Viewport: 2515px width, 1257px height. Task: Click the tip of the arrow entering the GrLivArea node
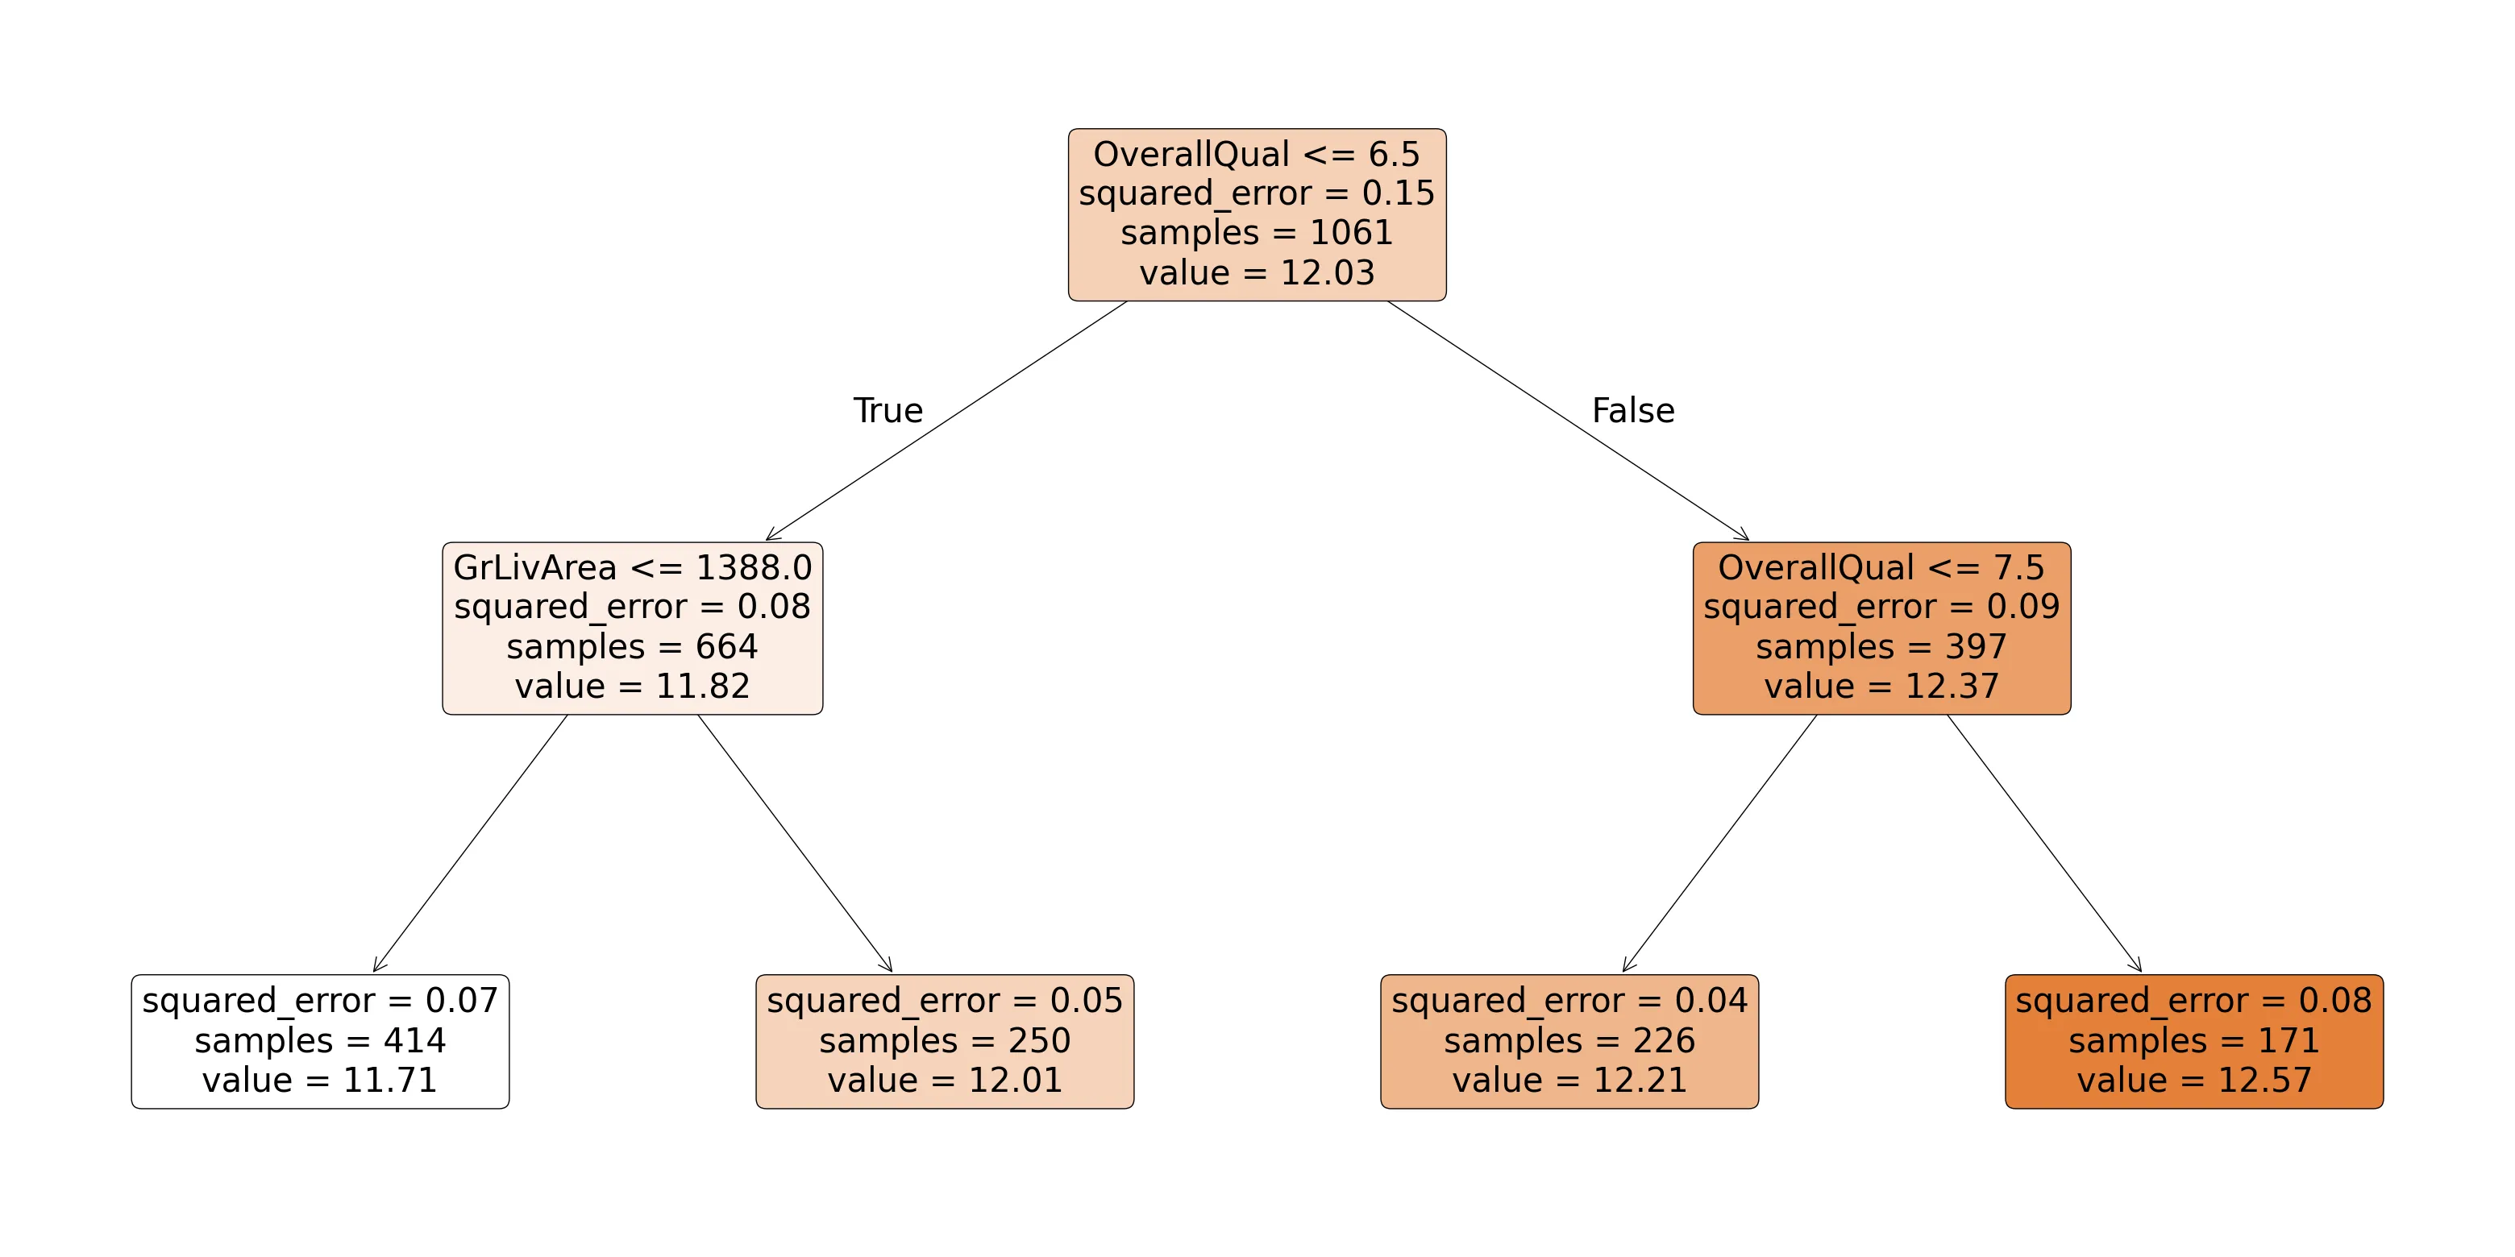point(767,540)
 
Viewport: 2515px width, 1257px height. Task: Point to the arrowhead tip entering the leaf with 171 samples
point(2141,972)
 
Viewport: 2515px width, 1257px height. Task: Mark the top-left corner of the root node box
point(1069,129)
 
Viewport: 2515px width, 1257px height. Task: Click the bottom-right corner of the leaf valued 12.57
point(2383,1108)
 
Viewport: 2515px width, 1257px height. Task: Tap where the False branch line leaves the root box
point(1387,301)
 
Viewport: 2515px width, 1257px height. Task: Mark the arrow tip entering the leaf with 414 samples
point(374,972)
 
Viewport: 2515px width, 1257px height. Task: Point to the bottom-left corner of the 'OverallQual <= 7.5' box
point(1694,715)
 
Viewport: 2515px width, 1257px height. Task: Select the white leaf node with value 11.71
point(320,1041)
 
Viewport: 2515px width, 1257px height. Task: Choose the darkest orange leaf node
point(2194,1041)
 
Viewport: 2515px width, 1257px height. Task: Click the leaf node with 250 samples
point(945,1041)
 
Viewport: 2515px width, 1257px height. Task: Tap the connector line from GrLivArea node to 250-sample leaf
point(795,843)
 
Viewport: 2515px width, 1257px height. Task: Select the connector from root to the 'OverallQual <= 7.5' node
point(1568,420)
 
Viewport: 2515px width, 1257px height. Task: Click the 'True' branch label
point(888,410)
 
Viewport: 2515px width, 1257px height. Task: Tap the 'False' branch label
point(1633,410)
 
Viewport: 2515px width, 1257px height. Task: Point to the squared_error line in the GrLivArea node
point(633,607)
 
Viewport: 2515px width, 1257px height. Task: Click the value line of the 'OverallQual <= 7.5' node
point(1882,686)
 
